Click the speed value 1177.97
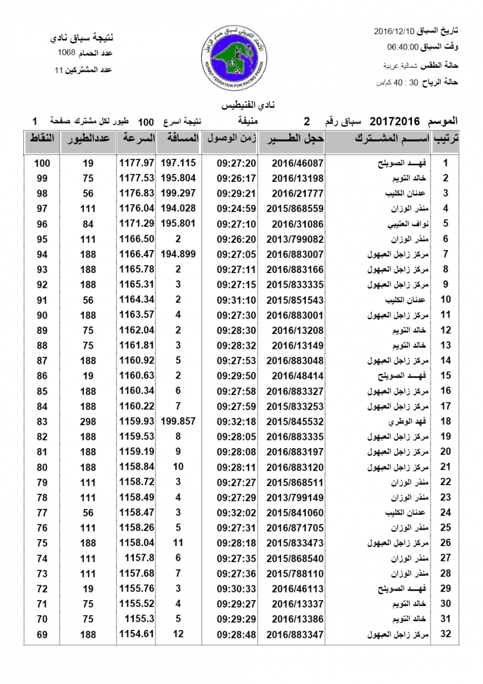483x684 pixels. (x=137, y=162)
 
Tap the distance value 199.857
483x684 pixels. (x=178, y=422)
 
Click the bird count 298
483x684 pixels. (x=87, y=422)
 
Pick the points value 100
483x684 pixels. (x=42, y=162)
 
